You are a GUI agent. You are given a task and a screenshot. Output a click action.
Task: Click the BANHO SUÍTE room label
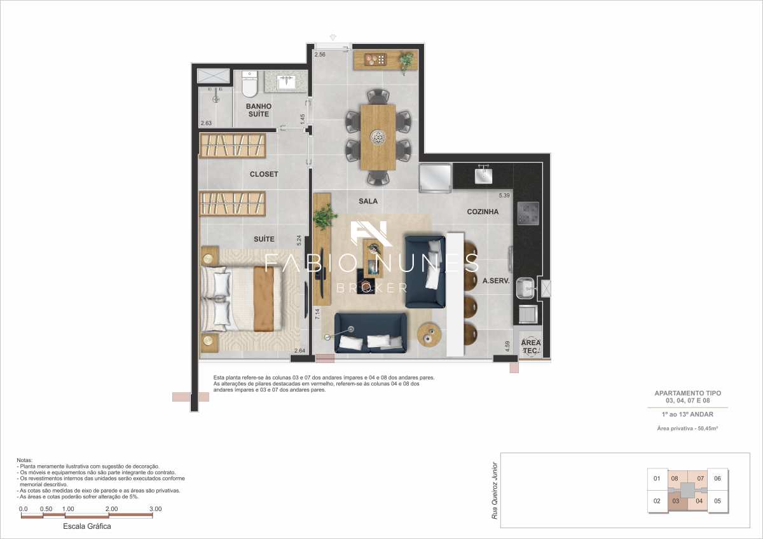[x=259, y=110]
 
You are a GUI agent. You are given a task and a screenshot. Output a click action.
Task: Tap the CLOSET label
[x=263, y=174]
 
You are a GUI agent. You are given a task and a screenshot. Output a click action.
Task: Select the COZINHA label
[x=483, y=212]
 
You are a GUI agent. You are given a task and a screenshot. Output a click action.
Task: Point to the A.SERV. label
[x=496, y=280]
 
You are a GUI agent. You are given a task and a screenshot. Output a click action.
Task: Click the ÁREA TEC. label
[x=531, y=346]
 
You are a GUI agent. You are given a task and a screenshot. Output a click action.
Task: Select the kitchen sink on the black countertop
[x=484, y=174]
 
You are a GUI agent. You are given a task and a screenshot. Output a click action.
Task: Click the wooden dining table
[x=378, y=137]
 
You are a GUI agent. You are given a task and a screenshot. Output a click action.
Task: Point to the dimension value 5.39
[x=504, y=195]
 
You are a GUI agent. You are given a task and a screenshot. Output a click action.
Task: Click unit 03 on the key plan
[x=676, y=501]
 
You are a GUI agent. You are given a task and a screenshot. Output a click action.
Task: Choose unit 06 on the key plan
[x=717, y=479]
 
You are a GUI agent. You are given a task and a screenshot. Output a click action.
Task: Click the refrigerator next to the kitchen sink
[x=435, y=177]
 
